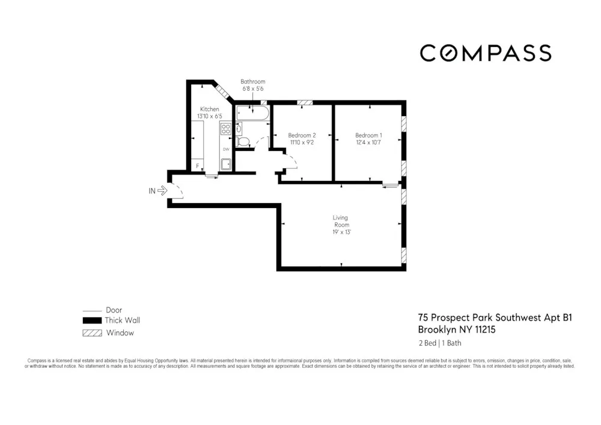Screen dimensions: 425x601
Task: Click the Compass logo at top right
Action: (486, 53)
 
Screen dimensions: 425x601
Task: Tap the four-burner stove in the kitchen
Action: (225, 129)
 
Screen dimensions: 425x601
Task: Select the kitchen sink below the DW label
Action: (226, 164)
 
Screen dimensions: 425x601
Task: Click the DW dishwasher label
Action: (226, 149)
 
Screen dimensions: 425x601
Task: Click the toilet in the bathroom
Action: (242, 142)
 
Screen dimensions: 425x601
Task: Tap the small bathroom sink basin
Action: (239, 127)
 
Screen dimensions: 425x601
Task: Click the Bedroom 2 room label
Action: (302, 135)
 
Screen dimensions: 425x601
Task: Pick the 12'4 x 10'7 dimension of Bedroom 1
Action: (368, 142)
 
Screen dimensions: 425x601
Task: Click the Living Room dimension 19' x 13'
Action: (341, 232)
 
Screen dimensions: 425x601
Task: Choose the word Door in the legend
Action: (114, 310)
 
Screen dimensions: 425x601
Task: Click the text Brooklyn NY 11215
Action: (457, 329)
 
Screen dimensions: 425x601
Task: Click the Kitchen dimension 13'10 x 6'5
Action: (209, 116)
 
